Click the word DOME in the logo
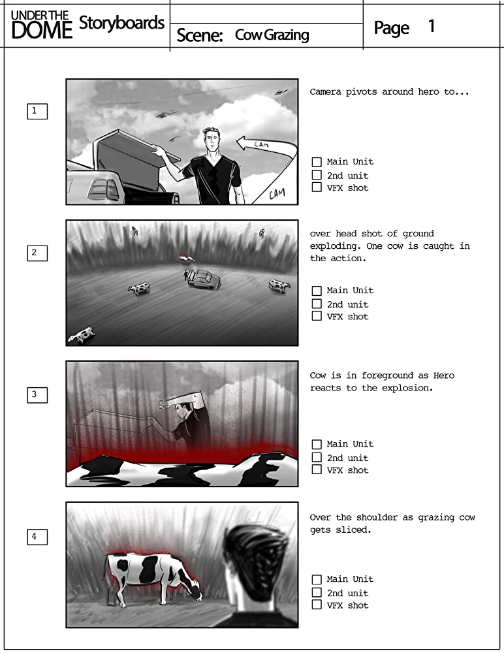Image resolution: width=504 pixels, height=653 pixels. pos(42,31)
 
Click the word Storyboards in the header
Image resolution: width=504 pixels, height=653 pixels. pos(121,23)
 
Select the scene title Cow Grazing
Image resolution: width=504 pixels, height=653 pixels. pos(272,35)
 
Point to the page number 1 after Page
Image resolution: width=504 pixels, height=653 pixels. pos(432,27)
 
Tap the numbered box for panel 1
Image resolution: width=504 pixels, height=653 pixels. pos(37,111)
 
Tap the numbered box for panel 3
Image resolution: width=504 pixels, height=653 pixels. pos(37,395)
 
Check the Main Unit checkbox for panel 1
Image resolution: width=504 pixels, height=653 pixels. pos(317,161)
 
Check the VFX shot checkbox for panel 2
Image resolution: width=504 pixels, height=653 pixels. pos(317,316)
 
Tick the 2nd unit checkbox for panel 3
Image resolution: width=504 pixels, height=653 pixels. pos(317,457)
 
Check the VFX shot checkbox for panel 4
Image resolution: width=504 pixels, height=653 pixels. pos(317,605)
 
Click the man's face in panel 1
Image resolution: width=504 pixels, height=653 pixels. pos(212,142)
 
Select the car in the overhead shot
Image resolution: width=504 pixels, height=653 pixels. pos(204,279)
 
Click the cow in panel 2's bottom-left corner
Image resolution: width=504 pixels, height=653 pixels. pos(82,334)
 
